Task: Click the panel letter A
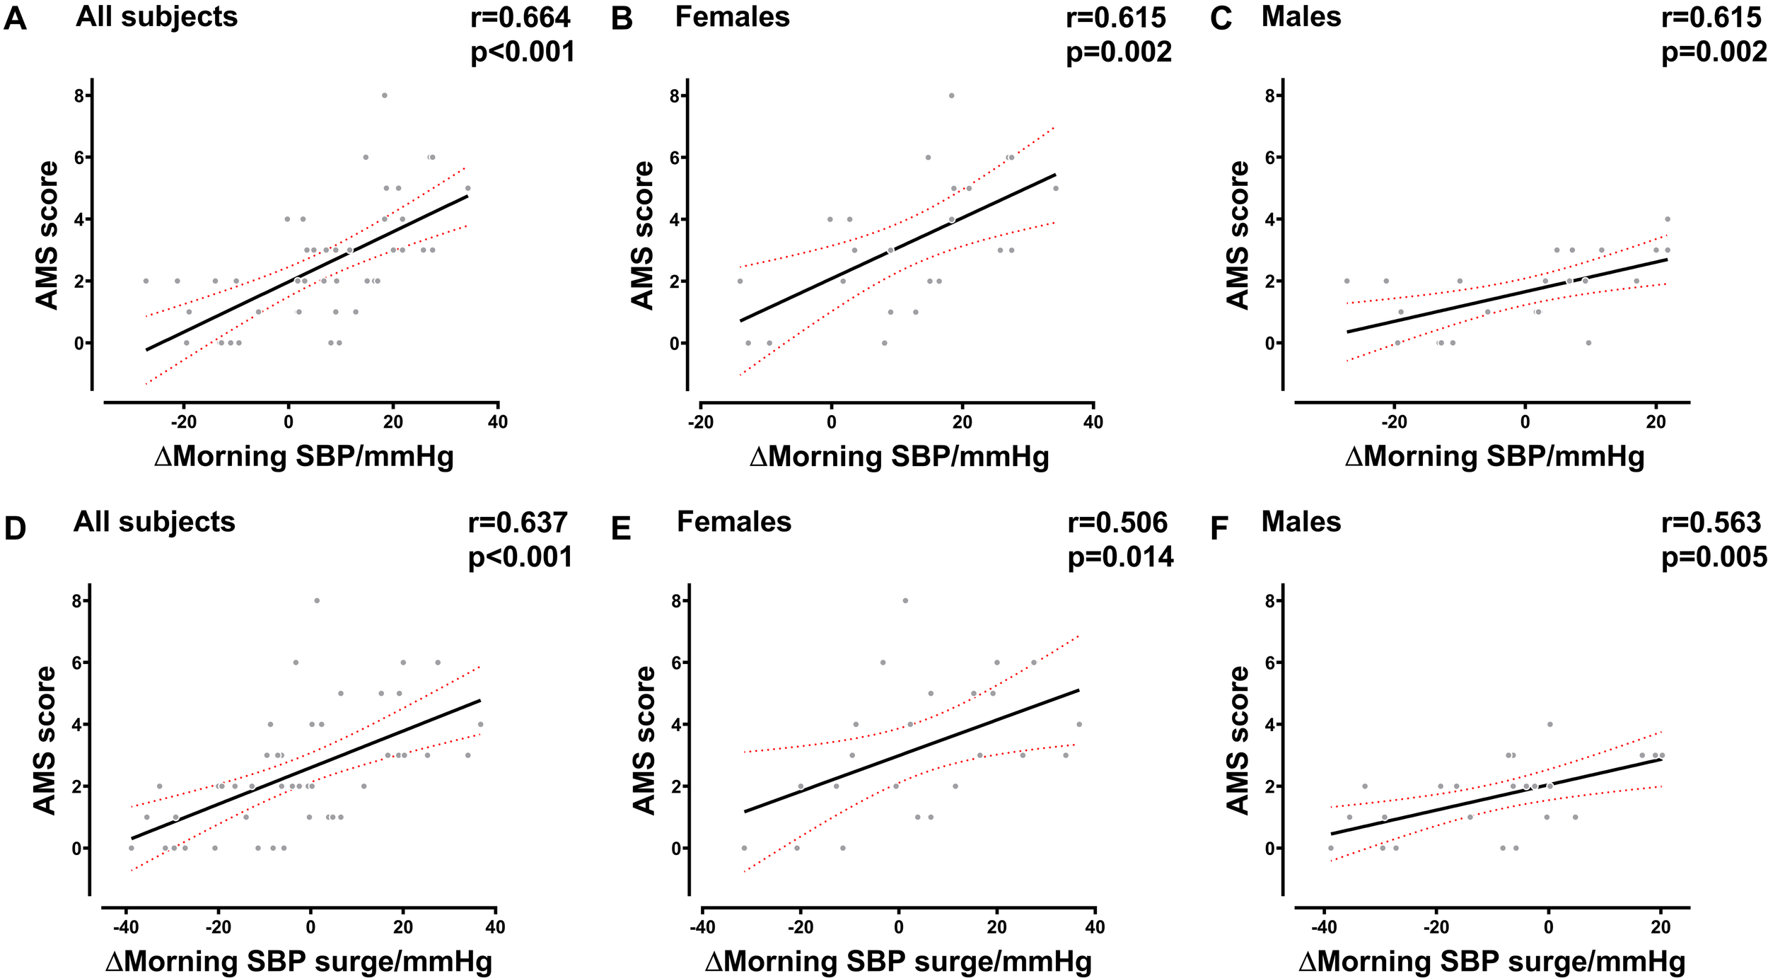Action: [15, 19]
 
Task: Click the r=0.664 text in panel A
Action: [520, 18]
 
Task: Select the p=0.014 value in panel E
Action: [1120, 557]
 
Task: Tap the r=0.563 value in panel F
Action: [1711, 523]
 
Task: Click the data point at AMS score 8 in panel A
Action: [384, 95]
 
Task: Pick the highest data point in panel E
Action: [905, 600]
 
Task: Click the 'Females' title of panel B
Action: [732, 17]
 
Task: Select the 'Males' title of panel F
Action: [1301, 522]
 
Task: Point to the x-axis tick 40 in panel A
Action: [498, 422]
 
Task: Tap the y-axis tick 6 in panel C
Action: [1270, 157]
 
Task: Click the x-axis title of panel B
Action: [899, 457]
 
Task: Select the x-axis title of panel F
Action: [1492, 962]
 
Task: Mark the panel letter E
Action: [620, 529]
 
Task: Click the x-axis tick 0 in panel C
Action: [1525, 422]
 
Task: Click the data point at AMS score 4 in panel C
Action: [1667, 219]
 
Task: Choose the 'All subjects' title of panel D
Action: [154, 522]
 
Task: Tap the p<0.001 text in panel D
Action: [520, 557]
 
